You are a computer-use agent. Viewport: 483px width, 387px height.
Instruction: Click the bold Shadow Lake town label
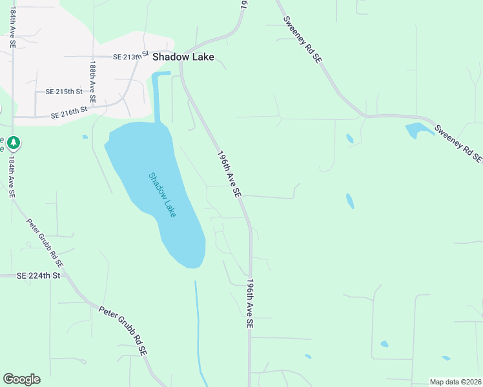click(183, 57)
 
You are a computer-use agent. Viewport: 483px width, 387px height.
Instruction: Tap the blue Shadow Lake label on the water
click(162, 194)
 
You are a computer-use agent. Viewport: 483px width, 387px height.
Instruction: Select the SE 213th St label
click(130, 56)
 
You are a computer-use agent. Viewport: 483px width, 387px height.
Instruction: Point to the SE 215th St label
click(64, 92)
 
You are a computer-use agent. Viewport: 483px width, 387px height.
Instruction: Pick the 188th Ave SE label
click(94, 83)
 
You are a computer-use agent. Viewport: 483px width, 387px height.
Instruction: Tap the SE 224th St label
click(38, 275)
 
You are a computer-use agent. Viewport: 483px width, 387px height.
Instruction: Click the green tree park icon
click(14, 142)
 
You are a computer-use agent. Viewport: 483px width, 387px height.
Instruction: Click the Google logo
click(21, 379)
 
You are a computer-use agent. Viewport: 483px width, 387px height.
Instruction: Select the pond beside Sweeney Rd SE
click(416, 130)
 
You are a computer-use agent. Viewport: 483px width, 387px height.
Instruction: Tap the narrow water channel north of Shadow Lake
click(158, 97)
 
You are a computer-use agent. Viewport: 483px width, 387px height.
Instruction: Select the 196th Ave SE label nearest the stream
click(249, 305)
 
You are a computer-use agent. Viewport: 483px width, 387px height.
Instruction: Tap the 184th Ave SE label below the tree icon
click(11, 177)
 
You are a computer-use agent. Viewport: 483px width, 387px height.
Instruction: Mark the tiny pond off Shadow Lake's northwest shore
click(85, 137)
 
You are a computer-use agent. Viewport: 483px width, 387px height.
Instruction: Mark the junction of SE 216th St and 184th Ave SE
click(13, 117)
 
